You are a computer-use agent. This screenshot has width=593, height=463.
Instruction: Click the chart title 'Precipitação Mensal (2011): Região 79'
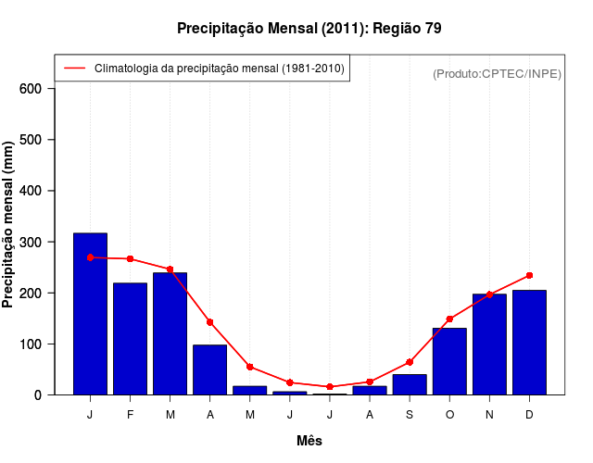click(x=309, y=29)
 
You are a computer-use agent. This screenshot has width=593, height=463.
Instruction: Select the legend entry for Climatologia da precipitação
click(x=219, y=69)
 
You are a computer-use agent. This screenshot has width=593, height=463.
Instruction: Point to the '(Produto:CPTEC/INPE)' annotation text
click(x=498, y=73)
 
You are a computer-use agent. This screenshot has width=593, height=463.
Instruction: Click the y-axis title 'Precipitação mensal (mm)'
click(x=8, y=224)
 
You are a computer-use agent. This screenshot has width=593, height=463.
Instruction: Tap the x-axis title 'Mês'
click(x=309, y=441)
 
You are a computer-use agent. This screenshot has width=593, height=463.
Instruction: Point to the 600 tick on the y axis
click(x=31, y=89)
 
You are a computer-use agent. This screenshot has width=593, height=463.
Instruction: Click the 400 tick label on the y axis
click(x=31, y=191)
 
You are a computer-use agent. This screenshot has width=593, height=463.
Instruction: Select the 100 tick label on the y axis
click(x=31, y=344)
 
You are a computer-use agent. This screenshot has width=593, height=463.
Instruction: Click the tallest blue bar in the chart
click(x=90, y=314)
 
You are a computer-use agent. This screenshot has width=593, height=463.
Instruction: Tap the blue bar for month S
click(x=410, y=384)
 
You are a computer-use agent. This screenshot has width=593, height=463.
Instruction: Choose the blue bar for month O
click(x=449, y=361)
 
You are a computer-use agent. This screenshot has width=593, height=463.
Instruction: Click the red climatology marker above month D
click(x=529, y=275)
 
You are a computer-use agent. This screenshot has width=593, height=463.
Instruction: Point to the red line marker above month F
click(x=130, y=258)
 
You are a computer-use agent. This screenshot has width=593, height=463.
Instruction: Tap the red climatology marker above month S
click(x=410, y=362)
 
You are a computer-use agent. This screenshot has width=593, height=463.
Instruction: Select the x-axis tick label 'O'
click(x=449, y=415)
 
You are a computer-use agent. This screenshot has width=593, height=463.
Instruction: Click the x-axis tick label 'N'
click(x=489, y=415)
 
